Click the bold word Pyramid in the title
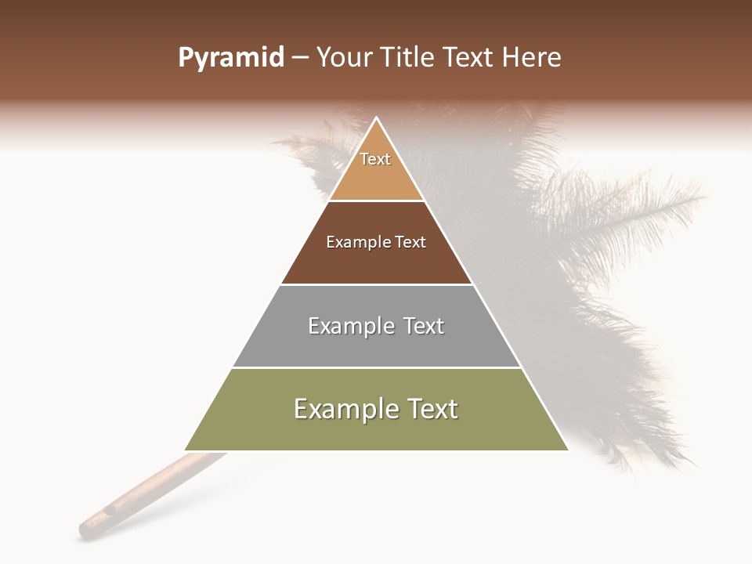coord(231,58)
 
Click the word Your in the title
coord(345,58)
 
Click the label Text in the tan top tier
coord(375,159)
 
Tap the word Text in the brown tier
coord(410,243)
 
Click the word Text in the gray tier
coord(424,326)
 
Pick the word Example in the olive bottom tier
coord(345,409)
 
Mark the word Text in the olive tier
coord(432,409)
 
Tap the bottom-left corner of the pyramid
coord(186,450)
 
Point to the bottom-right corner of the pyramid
coord(567,450)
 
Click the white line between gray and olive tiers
coord(377,367)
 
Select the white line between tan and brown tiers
coord(377,201)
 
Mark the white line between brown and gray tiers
coord(377,284)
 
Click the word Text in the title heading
coord(468,58)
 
